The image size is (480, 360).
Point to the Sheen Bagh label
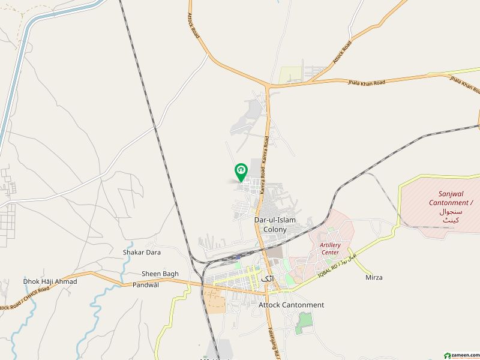pos(160,274)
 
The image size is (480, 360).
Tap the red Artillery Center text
pos(330,248)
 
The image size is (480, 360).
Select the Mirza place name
pos(374,277)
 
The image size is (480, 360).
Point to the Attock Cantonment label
pos(291,305)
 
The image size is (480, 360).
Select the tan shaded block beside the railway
pos(215,299)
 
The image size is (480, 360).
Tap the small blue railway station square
pos(238,258)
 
